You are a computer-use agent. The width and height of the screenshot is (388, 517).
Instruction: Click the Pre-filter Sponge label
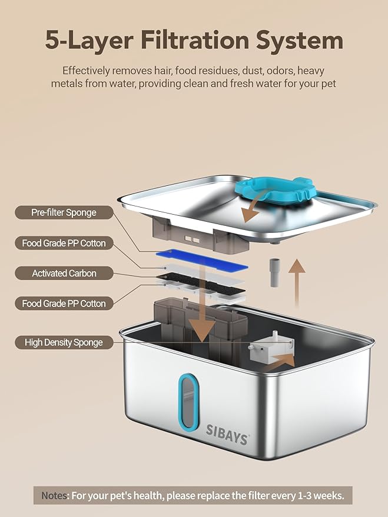(x=64, y=212)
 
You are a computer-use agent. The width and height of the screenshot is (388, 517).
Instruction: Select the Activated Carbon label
(x=64, y=273)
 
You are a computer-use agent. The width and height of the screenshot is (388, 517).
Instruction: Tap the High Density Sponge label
(x=64, y=342)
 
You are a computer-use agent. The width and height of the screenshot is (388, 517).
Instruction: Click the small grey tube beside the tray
(x=274, y=272)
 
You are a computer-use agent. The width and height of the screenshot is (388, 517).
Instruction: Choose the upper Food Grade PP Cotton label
(x=64, y=243)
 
